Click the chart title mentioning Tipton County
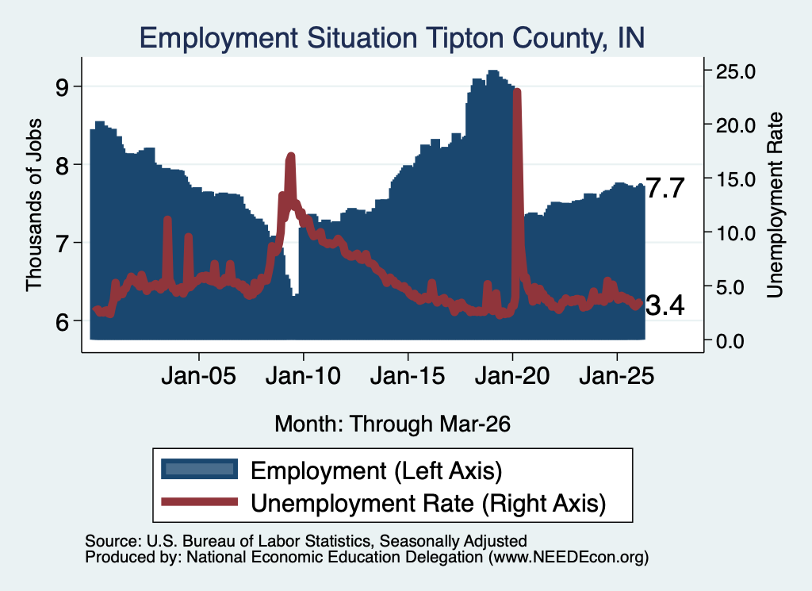[x=392, y=38]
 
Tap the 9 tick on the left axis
[x=62, y=87]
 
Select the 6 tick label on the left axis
[x=62, y=321]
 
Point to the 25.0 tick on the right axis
[x=735, y=71]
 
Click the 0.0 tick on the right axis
[x=730, y=341]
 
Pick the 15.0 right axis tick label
[x=735, y=179]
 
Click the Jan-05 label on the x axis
[x=199, y=375]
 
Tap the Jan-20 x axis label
[x=512, y=375]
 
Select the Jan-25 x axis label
[x=617, y=375]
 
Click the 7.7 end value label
[x=665, y=188]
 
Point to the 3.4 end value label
[x=665, y=305]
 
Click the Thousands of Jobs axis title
[x=33, y=205]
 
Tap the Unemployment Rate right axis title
[x=775, y=205]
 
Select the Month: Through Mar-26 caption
[x=393, y=424]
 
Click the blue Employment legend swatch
[x=199, y=470]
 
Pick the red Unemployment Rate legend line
[x=199, y=501]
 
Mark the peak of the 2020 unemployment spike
[x=517, y=92]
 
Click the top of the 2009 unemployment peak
[x=290, y=156]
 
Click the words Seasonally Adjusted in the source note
[x=453, y=541]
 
